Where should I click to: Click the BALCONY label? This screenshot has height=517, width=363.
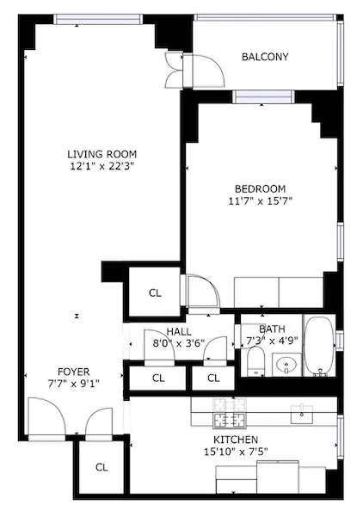(265, 58)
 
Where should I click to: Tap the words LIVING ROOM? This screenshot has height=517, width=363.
(102, 155)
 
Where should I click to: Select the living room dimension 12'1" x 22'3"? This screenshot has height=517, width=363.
(102, 167)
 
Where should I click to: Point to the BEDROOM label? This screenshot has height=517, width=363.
(260, 189)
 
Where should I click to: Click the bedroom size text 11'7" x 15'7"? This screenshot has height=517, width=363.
(260, 202)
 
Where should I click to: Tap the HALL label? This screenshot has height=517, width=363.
(178, 331)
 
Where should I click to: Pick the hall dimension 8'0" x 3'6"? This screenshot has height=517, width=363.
(178, 343)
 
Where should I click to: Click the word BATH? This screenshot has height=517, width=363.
(272, 328)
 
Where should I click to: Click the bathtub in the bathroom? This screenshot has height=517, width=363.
(321, 348)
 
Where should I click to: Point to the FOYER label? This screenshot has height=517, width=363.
(67, 372)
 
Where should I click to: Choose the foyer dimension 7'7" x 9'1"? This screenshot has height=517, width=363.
(67, 384)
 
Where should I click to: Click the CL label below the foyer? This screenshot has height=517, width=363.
(102, 467)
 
